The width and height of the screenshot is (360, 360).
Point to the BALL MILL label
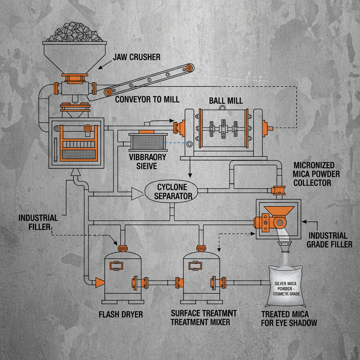(226, 101)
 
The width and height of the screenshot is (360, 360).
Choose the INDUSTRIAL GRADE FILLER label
(329, 240)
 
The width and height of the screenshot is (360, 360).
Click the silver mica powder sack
(286, 285)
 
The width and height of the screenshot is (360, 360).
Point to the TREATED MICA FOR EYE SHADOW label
(289, 318)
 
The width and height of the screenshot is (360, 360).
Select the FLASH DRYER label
(121, 314)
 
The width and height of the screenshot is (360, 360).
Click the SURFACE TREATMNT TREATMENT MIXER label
(204, 317)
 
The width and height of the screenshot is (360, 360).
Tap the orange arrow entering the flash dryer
(100, 282)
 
